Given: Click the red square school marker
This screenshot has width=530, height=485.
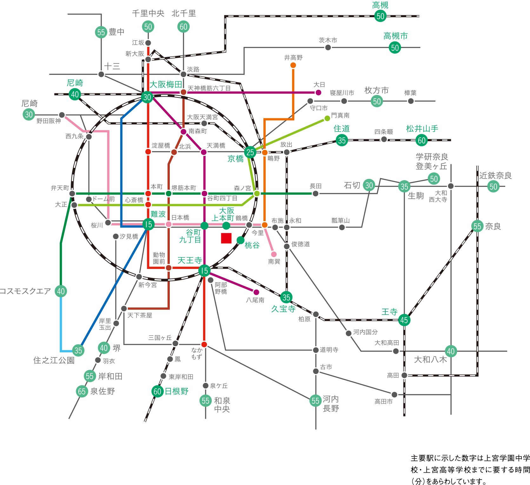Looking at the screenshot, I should click(x=226, y=238).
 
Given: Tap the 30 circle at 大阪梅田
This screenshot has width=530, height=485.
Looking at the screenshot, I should click(x=147, y=97).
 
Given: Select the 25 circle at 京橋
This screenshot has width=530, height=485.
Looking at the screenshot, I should click(x=250, y=152).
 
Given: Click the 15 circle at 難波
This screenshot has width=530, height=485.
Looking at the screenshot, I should click(x=148, y=225).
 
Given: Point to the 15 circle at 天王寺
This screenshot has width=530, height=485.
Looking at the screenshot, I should click(x=204, y=271).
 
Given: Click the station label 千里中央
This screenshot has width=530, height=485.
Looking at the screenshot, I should click(x=148, y=13).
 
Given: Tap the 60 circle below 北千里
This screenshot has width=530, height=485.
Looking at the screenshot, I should click(x=183, y=27).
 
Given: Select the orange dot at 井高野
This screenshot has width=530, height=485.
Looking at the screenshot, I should click(x=293, y=65).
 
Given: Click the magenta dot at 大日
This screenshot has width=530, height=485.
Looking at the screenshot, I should click(x=318, y=93).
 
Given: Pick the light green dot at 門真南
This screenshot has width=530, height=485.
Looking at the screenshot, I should click(x=327, y=119).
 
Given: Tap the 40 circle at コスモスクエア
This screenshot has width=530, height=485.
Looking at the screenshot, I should click(x=61, y=291).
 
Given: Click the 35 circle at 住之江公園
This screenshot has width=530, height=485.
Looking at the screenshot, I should click(x=78, y=350).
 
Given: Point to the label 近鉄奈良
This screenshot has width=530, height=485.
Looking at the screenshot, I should click(x=495, y=175).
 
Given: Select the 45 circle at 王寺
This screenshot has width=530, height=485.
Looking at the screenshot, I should click(x=404, y=320).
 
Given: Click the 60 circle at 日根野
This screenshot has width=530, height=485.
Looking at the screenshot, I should click(x=157, y=391).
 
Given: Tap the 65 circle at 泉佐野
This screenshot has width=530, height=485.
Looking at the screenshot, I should click(x=82, y=391).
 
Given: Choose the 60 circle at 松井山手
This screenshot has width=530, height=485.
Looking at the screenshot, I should click(x=421, y=140).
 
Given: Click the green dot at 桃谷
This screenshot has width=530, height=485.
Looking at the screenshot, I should click(x=241, y=240).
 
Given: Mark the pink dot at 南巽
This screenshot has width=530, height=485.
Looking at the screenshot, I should click(x=274, y=254).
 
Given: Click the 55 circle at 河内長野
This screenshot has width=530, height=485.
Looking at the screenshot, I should click(x=315, y=401).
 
